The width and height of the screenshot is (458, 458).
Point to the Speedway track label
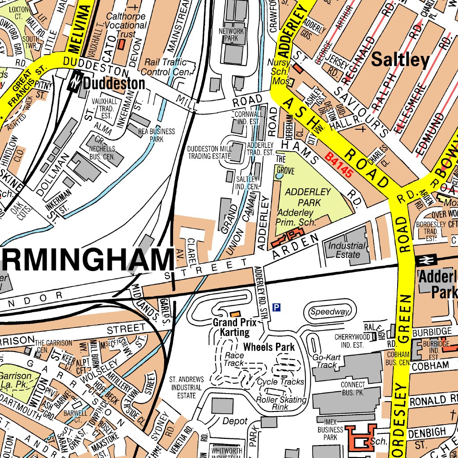(x=330, y=312)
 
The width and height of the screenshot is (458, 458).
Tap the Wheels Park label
(x=269, y=347)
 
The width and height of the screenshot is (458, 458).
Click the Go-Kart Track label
(x=325, y=361)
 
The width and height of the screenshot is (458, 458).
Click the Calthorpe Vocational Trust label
(x=126, y=25)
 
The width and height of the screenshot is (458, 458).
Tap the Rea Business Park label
(x=157, y=136)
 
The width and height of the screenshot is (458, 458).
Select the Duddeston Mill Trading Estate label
(x=209, y=153)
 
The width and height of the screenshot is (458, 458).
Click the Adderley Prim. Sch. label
(x=297, y=217)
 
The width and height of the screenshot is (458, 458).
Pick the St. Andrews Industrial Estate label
(x=187, y=387)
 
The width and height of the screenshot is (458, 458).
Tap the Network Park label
(x=231, y=35)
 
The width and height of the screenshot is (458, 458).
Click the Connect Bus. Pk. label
(x=353, y=388)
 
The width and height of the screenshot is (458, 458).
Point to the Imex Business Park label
(x=331, y=429)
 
